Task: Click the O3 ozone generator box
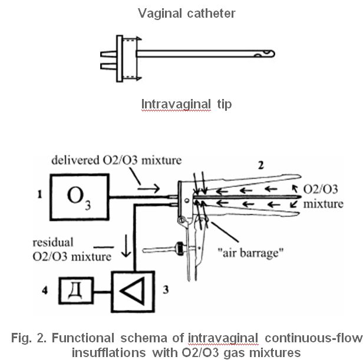[80, 197]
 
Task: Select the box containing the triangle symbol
[133, 292]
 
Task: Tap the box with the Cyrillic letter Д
[76, 290]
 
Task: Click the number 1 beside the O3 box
[40, 194]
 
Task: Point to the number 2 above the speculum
[261, 166]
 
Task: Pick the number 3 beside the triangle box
[166, 290]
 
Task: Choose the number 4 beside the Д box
[45, 290]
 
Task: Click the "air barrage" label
[250, 253]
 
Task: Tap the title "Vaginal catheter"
[187, 13]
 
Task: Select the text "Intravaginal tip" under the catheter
[186, 104]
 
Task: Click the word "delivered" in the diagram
[75, 160]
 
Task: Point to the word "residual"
[53, 242]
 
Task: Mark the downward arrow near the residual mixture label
[126, 246]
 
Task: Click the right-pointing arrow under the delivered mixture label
[148, 188]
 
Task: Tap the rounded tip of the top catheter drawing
[273, 54]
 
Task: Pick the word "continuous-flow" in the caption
[313, 338]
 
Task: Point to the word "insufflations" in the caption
[109, 353]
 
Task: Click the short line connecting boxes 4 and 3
[103, 292]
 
